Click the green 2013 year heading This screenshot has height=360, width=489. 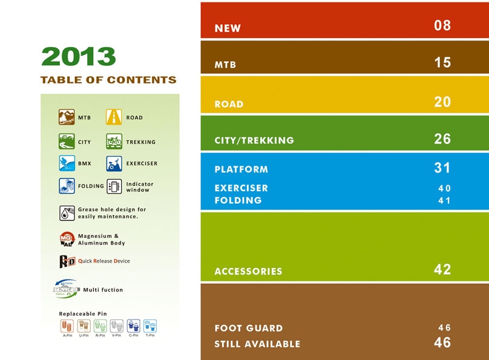pos(79,56)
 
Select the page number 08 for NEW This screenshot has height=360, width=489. pos(442,25)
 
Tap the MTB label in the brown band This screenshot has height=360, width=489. pos(225,65)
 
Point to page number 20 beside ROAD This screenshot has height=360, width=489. pos(442,102)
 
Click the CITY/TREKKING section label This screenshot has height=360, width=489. pos(254,140)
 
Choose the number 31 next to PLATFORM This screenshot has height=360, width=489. pos(442,168)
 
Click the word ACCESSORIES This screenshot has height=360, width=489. pos(248,271)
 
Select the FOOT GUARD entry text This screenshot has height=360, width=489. pos(249,328)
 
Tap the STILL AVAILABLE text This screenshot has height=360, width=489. pos(257,344)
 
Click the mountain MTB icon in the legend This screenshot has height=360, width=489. pos(67,117)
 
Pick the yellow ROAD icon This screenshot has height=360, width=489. pos(114,117)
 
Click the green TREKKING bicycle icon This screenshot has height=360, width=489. pos(114,141)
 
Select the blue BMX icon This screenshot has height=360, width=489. pos(67,163)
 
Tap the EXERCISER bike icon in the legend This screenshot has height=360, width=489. pos(114,163)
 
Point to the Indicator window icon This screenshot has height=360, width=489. pos(114,186)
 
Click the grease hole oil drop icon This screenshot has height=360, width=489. pos(67,213)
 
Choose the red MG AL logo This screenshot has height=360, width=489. pos(67,239)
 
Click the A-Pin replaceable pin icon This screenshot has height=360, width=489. pos(67,326)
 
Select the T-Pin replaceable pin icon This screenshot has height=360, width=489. pos(150,326)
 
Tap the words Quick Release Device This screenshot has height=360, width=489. pos(104,261)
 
